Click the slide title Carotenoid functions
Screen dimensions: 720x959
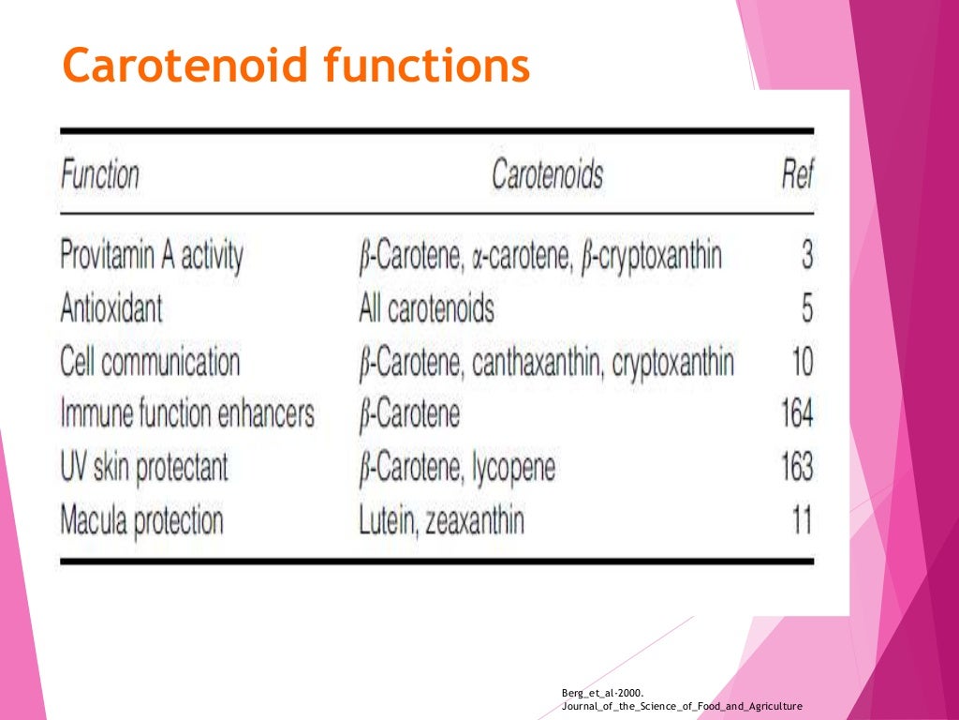pyautogui.click(x=295, y=66)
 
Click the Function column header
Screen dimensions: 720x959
pyautogui.click(x=100, y=175)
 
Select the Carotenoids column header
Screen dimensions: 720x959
pyautogui.click(x=548, y=175)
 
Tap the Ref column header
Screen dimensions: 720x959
pyautogui.click(x=797, y=175)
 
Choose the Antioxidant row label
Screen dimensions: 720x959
pyautogui.click(x=111, y=308)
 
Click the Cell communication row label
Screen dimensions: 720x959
pyautogui.click(x=150, y=362)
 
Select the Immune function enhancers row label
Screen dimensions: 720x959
pyautogui.click(x=187, y=413)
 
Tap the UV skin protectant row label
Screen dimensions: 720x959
pyautogui.click(x=143, y=467)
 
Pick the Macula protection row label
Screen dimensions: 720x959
pyautogui.click(x=141, y=520)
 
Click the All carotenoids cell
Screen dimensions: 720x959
pyautogui.click(x=426, y=308)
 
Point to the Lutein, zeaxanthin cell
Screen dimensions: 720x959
pyautogui.click(x=441, y=520)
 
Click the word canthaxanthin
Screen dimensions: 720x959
pyautogui.click(x=531, y=362)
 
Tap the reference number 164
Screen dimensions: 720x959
pyautogui.click(x=797, y=413)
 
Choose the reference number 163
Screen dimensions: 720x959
pyautogui.click(x=797, y=467)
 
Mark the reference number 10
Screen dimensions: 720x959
pyautogui.click(x=802, y=362)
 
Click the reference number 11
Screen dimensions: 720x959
pyautogui.click(x=803, y=520)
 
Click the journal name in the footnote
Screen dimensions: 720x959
pyautogui.click(x=682, y=706)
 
